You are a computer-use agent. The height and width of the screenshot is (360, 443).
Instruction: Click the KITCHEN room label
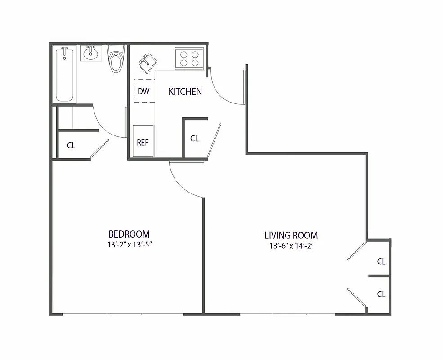pyautogui.click(x=185, y=92)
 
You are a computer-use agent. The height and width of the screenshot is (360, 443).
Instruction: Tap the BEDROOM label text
pyautogui.click(x=129, y=234)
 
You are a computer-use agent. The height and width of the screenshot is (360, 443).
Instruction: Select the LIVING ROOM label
pyautogui.click(x=291, y=235)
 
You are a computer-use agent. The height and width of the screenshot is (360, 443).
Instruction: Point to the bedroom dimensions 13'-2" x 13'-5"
pyautogui.click(x=129, y=245)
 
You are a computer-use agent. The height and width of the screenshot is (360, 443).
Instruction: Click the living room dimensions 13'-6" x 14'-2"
pyautogui.click(x=291, y=246)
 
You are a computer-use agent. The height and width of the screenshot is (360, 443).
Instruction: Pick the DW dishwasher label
pyautogui.click(x=143, y=91)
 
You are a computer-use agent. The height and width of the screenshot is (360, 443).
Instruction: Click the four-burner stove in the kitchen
pyautogui.click(x=189, y=58)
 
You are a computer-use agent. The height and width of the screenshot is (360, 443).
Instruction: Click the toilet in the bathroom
pyautogui.click(x=116, y=61)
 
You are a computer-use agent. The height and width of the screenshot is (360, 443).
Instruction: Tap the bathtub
pyautogui.click(x=65, y=76)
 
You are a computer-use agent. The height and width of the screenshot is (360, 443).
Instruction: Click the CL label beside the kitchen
pyautogui.click(x=194, y=139)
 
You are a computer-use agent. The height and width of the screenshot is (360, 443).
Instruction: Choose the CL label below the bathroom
pyautogui.click(x=71, y=145)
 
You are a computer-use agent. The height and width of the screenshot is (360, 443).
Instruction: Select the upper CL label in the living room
pyautogui.click(x=381, y=261)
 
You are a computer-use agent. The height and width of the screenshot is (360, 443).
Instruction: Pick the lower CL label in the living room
pyautogui.click(x=381, y=294)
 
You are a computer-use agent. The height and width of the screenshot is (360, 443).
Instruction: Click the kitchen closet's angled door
pyautogui.click(x=214, y=140)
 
